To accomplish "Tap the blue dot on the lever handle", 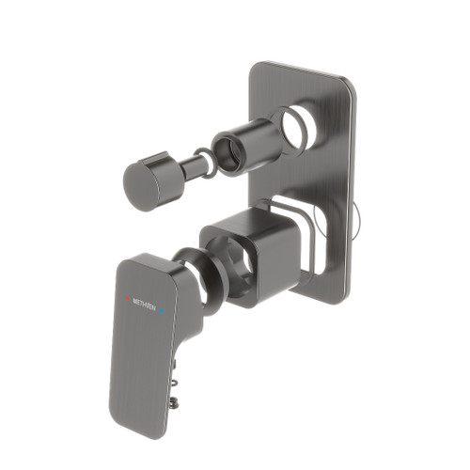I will coord(163,305).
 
